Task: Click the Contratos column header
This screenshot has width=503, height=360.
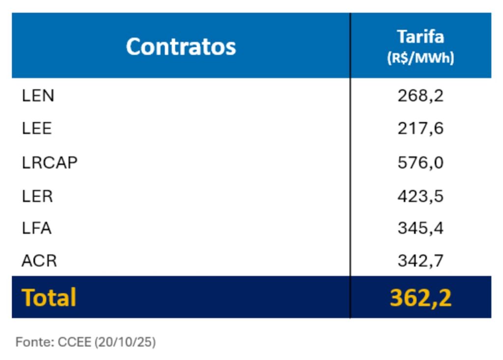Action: tap(181, 47)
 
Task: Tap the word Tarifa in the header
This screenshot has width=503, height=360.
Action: tap(420, 37)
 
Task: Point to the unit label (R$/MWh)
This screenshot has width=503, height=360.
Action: tap(420, 58)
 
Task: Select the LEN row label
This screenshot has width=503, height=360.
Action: tap(38, 95)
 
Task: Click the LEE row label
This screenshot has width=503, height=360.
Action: tap(37, 129)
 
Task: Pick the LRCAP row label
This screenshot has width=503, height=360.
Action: tap(50, 162)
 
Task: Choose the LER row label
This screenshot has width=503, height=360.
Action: tap(37, 196)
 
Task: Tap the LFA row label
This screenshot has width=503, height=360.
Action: tap(37, 228)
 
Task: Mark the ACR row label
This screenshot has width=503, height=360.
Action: tap(39, 260)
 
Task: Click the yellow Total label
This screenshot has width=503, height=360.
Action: tap(49, 298)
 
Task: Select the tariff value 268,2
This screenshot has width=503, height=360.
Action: tap(420, 95)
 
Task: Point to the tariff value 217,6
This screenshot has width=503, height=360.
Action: tap(420, 129)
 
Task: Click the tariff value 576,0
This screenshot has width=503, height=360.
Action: tap(420, 162)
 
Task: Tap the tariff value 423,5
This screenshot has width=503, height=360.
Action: tap(420, 196)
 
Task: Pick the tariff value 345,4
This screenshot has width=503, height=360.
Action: tap(420, 228)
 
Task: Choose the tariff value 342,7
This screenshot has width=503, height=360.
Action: tap(420, 260)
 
